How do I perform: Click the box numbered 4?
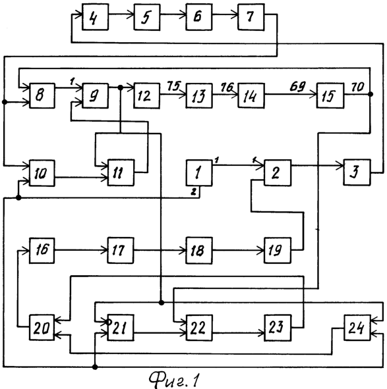click(95, 17)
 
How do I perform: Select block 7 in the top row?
click(251, 17)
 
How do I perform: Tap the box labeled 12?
click(146, 95)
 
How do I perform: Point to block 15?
click(330, 95)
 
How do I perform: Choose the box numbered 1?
click(199, 172)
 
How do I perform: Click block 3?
click(357, 172)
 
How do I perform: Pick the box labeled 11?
click(121, 172)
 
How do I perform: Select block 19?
click(278, 250)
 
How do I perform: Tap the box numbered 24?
click(357, 328)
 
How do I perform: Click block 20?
click(42, 328)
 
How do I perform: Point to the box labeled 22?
click(199, 328)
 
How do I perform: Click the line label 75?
click(173, 86)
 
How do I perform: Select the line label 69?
click(297, 86)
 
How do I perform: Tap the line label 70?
click(358, 87)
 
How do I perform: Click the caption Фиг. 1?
click(174, 380)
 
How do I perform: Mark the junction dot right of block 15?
click(371, 94)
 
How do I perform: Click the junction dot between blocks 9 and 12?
click(120, 88)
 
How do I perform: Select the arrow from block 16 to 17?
click(81, 250)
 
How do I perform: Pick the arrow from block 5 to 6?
click(173, 15)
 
